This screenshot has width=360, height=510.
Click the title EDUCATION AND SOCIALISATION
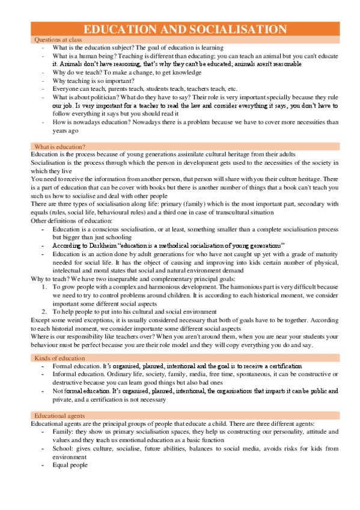[185, 29]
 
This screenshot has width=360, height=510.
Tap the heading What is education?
[59, 147]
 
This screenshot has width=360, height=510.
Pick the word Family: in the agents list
[64, 432]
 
